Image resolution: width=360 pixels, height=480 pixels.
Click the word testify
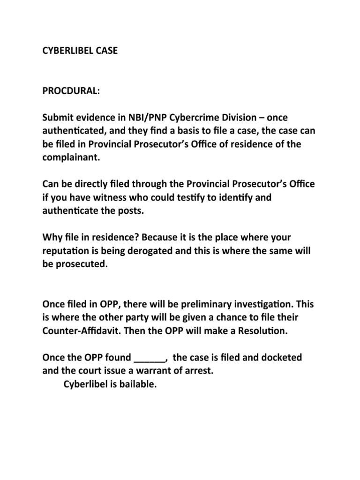tap(190, 197)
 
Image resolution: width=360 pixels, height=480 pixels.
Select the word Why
tap(52, 237)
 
